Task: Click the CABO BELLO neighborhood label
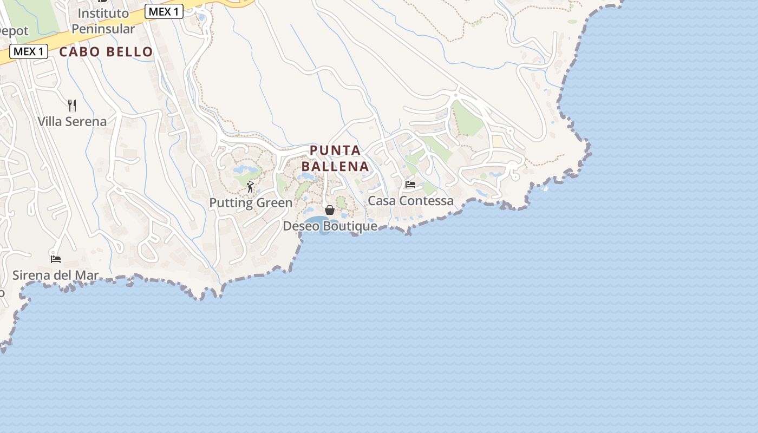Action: [106, 52]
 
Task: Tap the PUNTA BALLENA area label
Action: [335, 158]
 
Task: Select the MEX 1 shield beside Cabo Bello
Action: [29, 51]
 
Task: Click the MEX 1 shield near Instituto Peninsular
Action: [164, 11]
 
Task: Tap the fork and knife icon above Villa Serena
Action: [72, 105]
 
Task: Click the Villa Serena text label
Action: [72, 121]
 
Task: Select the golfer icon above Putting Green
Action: [250, 187]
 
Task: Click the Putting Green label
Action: [251, 203]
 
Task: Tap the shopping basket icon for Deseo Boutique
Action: [330, 210]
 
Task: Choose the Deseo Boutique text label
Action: [330, 226]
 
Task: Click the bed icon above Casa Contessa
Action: [410, 185]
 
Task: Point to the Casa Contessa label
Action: [410, 201]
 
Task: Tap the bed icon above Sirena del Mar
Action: [55, 259]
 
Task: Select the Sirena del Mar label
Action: [55, 275]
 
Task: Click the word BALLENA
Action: [335, 166]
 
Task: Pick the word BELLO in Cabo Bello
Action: [129, 52]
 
